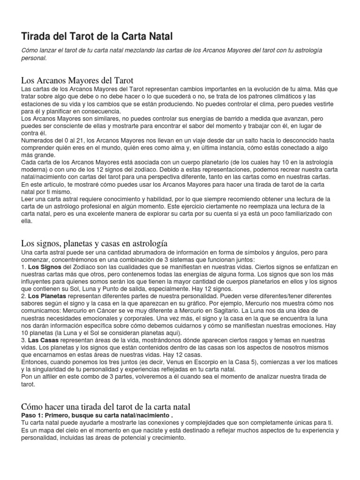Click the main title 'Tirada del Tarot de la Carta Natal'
[97, 36]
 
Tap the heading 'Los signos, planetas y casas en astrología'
[94, 243]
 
